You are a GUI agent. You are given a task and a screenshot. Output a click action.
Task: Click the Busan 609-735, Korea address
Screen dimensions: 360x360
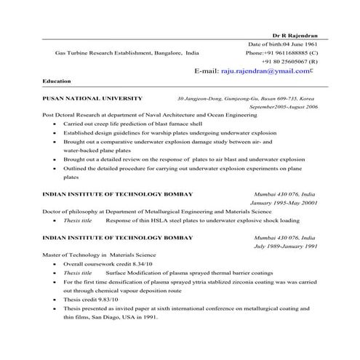pos(284,97)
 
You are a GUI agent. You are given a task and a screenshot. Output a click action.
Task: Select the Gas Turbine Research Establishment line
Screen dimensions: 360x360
pos(127,53)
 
